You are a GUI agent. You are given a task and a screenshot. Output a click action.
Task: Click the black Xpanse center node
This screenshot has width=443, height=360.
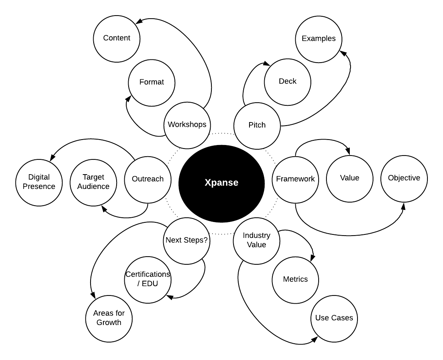pos(221,183)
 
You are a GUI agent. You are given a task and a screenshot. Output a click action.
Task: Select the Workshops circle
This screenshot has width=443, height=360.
pos(187,125)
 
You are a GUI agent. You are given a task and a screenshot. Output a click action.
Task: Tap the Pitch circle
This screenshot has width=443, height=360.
pos(257,125)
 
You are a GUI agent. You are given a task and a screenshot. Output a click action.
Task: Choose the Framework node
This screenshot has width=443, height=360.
pos(295,179)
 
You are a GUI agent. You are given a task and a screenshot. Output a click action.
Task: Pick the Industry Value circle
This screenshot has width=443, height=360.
pos(256,240)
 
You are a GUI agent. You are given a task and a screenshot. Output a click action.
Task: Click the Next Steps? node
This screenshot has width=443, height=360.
pos(187,240)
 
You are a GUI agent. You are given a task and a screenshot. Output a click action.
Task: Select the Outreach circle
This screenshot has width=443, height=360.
pos(148,179)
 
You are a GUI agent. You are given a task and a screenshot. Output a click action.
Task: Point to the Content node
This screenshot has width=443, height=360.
pos(117,38)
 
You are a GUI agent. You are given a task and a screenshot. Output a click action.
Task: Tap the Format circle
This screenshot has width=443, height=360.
pos(152,82)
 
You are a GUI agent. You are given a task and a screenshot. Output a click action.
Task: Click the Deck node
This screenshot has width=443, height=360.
pos(288,81)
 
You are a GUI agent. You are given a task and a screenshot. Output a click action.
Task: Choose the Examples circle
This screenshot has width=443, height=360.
pos(319,38)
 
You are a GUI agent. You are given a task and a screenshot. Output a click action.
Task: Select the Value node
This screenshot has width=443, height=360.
pos(350,178)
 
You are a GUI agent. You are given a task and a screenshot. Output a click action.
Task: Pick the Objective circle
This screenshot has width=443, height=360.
pos(404,178)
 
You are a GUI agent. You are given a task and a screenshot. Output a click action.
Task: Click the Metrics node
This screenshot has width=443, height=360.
pos(295,279)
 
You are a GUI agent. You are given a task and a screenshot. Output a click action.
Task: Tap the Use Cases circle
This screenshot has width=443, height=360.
pos(334,318)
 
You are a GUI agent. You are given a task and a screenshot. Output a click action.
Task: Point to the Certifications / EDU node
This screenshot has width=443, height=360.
pos(148,279)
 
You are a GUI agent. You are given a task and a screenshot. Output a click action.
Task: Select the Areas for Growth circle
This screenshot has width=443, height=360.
pos(109,318)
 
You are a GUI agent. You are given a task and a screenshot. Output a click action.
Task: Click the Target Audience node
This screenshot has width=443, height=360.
pos(93,182)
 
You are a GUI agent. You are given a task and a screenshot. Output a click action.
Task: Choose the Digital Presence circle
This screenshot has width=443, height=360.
pos(39,182)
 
